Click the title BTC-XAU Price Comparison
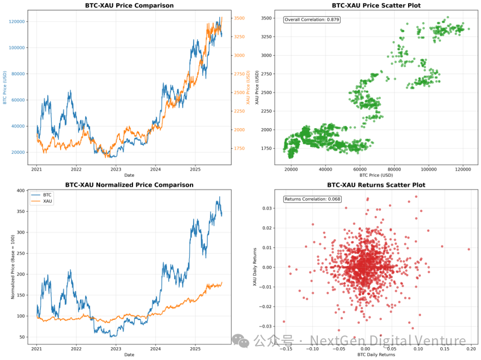[x=129, y=6]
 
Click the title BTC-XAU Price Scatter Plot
[x=376, y=6]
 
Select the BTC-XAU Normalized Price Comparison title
[x=129, y=184]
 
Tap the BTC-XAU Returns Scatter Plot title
[x=376, y=184]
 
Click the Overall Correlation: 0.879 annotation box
[x=312, y=20]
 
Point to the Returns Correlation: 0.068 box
[x=312, y=199]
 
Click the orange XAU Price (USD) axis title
[x=248, y=87]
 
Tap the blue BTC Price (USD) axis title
[x=5, y=87]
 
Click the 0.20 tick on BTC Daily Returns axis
[x=471, y=349]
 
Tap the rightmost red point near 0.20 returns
[x=469, y=249]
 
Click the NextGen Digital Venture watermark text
[x=388, y=340]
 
